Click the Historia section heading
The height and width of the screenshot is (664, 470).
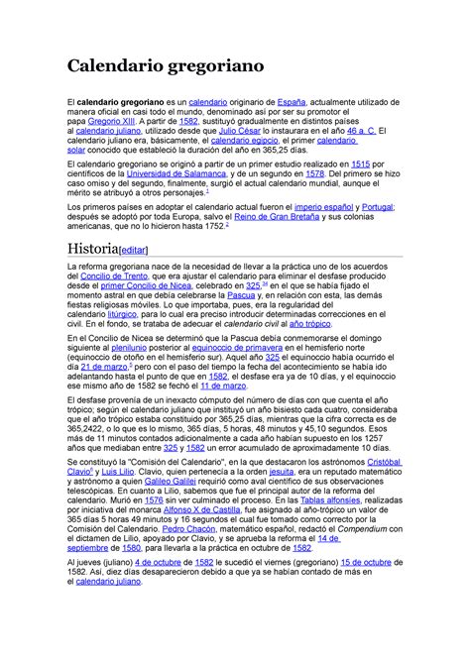click(91, 247)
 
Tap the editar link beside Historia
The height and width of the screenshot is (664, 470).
click(136, 249)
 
